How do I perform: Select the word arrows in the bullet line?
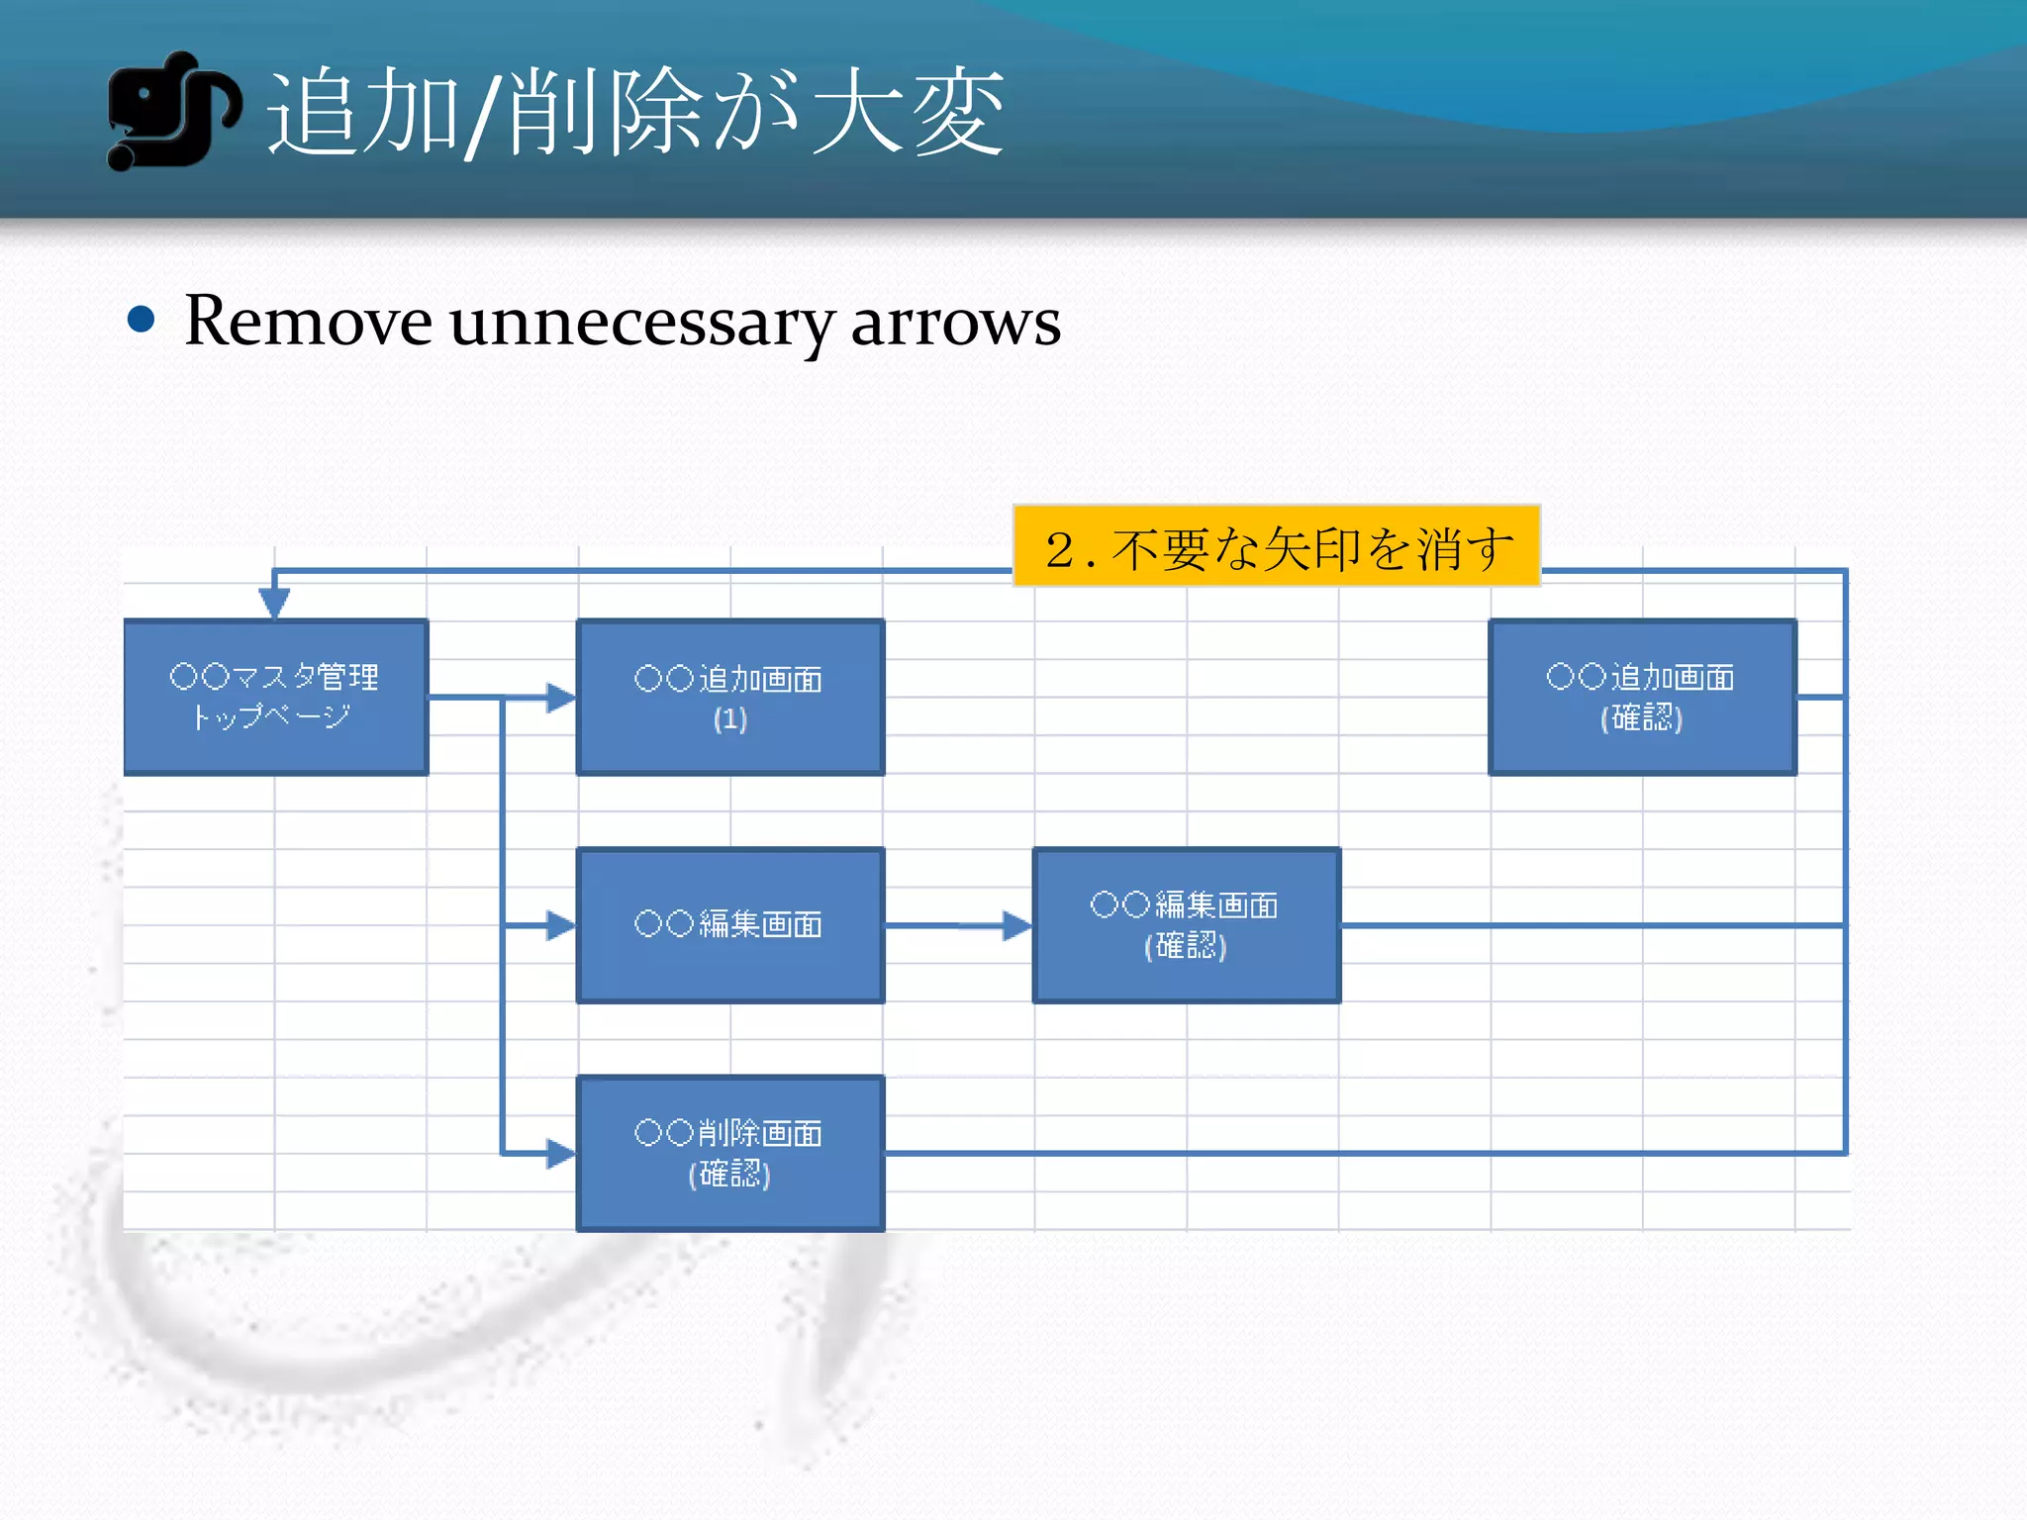point(955,323)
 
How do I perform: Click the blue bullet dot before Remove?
point(142,320)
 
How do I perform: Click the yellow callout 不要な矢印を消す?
point(1277,546)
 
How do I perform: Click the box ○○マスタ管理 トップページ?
point(275,697)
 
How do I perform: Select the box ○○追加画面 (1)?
point(729,697)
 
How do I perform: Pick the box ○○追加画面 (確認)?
point(1642,697)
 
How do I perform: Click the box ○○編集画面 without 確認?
point(729,925)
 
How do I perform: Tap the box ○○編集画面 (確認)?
point(1186,925)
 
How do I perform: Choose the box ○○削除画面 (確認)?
point(729,1153)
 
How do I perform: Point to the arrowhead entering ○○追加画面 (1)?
point(561,698)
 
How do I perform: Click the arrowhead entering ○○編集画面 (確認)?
point(1016,926)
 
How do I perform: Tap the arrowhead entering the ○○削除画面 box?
point(561,1154)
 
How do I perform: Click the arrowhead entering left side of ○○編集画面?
point(561,926)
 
